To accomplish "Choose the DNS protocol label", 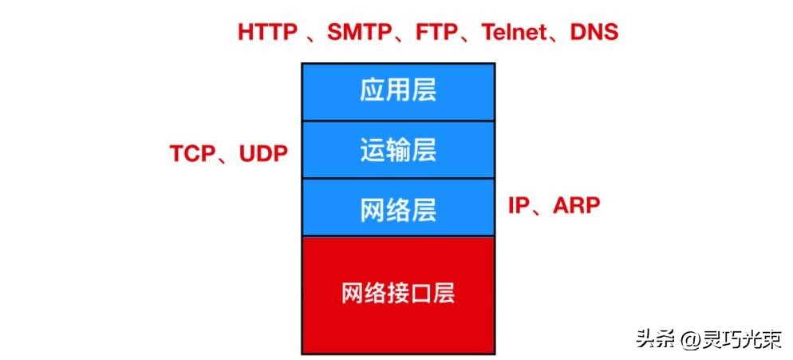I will (595, 33).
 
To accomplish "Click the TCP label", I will (192, 153).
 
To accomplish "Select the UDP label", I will (258, 153).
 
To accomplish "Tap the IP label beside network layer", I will (519, 205).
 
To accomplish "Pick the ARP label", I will (573, 205).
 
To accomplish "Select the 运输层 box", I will (397, 150).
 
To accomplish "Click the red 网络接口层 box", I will (397, 295).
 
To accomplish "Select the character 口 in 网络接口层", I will (420, 294).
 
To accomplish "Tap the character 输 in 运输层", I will (397, 150).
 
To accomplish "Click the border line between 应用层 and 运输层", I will (397, 121).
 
